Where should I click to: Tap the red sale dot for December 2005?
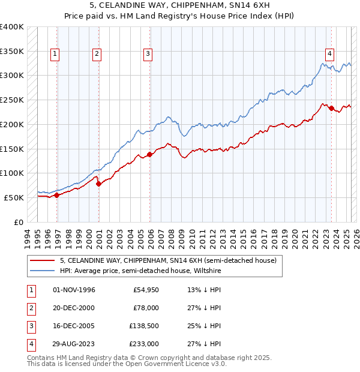(x=150, y=154)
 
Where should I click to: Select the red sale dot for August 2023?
(x=331, y=109)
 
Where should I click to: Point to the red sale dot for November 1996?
(x=57, y=195)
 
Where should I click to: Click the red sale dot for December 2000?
(x=98, y=184)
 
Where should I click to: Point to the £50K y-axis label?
(x=14, y=197)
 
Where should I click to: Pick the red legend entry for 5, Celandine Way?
(x=168, y=260)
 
